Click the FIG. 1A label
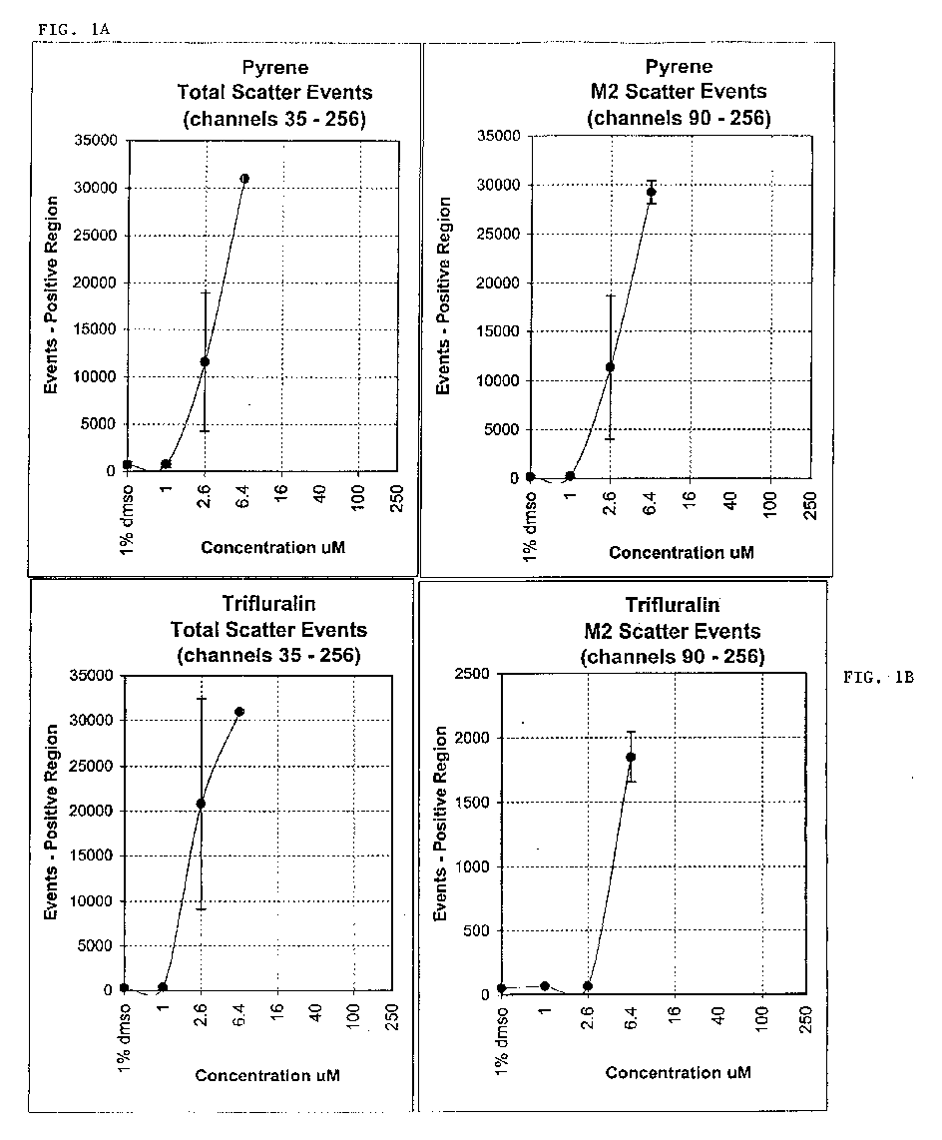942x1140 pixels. point(74,29)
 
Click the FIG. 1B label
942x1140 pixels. point(878,678)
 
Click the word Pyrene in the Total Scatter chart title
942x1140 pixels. point(274,68)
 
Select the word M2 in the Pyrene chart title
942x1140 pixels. point(605,92)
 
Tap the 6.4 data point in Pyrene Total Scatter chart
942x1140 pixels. point(244,178)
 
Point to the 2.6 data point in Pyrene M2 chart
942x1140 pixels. point(610,367)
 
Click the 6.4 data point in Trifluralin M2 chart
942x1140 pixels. point(631,757)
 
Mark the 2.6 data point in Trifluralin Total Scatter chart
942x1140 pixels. point(201,804)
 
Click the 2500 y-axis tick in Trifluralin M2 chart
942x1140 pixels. point(472,673)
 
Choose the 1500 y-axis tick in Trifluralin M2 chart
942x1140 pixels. point(472,802)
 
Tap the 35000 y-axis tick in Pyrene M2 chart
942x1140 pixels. point(499,136)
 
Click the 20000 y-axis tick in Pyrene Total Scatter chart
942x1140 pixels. point(95,283)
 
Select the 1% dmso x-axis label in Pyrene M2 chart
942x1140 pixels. point(530,526)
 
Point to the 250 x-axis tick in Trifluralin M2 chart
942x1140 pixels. point(805,1018)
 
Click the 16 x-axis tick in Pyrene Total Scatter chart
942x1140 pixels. point(281,492)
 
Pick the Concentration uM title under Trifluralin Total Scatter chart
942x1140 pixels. point(267,1075)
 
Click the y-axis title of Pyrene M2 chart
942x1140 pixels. point(443,295)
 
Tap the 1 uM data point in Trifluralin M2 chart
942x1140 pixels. point(545,986)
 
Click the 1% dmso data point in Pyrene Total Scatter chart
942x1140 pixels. point(127,464)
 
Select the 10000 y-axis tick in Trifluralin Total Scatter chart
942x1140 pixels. point(91,900)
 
